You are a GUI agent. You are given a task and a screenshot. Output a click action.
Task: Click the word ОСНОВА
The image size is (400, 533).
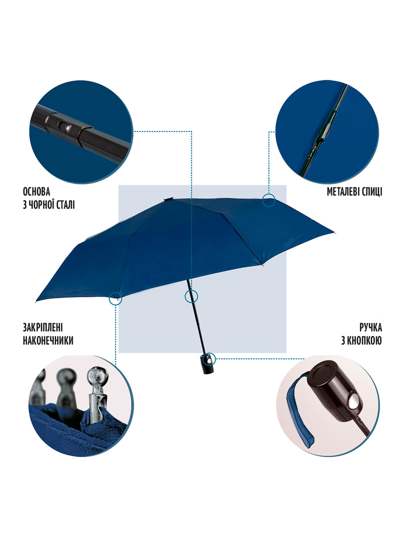tap(36, 192)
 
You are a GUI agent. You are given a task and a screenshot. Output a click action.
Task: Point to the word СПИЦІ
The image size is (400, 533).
tap(372, 192)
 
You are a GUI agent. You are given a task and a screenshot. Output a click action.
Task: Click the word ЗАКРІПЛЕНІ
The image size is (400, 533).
tap(43, 327)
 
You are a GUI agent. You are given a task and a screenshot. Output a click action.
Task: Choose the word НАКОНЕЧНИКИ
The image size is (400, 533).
tap(48, 341)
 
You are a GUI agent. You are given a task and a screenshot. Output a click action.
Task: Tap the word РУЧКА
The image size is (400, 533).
tap(371, 327)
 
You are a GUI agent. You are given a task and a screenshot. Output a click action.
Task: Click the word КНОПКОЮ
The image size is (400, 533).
tap(364, 341)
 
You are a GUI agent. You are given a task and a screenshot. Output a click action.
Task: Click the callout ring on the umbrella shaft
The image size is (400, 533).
tap(191, 290)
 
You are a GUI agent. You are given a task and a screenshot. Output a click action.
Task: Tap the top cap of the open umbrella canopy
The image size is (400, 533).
tap(168, 199)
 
